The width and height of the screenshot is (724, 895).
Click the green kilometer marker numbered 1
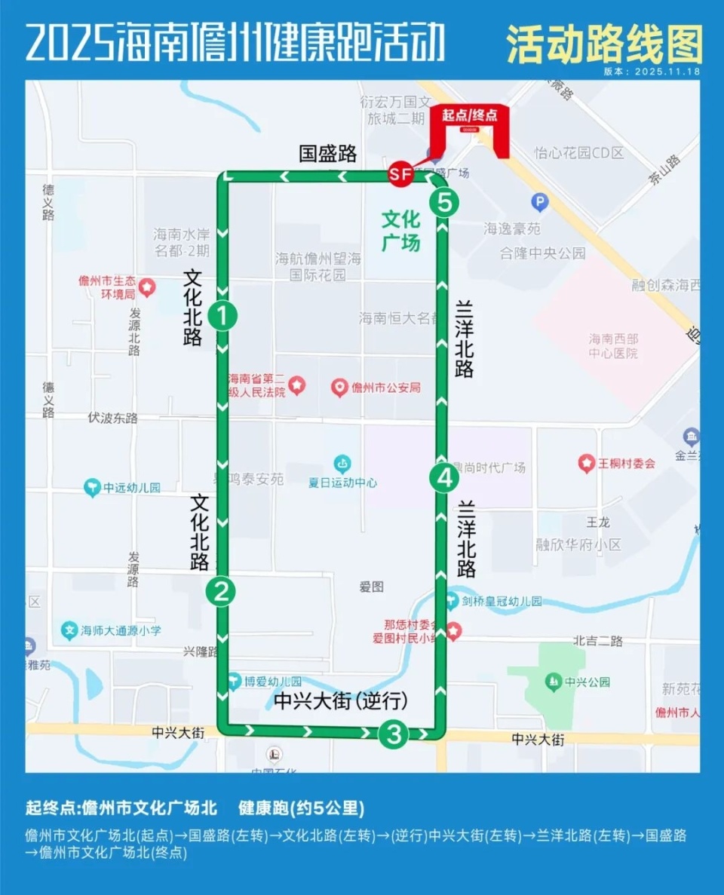coord(222,315)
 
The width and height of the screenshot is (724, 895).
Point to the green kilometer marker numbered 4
coord(444,477)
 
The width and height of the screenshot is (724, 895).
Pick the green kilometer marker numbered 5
coord(444,202)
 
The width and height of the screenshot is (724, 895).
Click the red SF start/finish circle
coord(400,175)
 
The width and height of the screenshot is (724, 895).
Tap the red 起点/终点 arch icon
coord(470,128)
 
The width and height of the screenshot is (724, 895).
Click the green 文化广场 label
coord(400,231)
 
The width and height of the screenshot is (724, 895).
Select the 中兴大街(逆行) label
coord(341,700)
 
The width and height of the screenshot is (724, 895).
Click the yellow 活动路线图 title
coord(604,44)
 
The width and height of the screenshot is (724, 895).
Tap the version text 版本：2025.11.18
coord(652,72)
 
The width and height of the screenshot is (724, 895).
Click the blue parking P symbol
coord(540,201)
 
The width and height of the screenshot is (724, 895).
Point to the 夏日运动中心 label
coord(342,483)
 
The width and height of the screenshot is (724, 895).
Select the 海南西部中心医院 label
coord(613,346)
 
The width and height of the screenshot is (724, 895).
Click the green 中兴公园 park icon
coord(554,682)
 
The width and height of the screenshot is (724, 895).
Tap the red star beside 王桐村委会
coord(586,464)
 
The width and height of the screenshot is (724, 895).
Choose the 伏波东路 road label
coord(113,418)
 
